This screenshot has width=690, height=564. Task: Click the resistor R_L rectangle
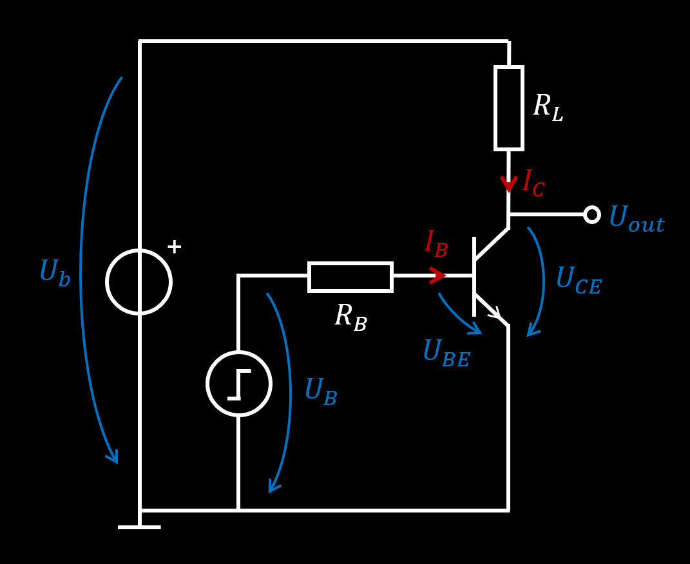(508, 108)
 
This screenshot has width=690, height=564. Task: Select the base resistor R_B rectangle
(350, 277)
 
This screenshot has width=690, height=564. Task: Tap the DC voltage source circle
(139, 282)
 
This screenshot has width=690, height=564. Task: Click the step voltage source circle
(239, 384)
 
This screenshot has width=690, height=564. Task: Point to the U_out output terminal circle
(591, 214)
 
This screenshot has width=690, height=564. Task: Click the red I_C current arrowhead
(508, 184)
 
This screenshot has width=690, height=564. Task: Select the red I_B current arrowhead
(437, 276)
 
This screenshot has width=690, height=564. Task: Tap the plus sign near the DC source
(174, 247)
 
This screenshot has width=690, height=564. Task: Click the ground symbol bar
(139, 527)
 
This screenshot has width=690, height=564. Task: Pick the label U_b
(55, 274)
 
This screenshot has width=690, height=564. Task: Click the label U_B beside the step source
(320, 392)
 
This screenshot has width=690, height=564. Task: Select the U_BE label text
(446, 353)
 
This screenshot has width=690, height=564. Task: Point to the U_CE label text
(578, 281)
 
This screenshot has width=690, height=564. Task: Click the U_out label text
(636, 220)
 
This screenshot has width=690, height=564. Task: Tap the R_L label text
(548, 108)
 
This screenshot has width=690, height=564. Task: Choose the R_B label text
(350, 317)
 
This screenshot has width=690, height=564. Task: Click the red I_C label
(533, 183)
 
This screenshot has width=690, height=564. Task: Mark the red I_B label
(436, 244)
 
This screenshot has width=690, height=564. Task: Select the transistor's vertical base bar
(474, 277)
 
